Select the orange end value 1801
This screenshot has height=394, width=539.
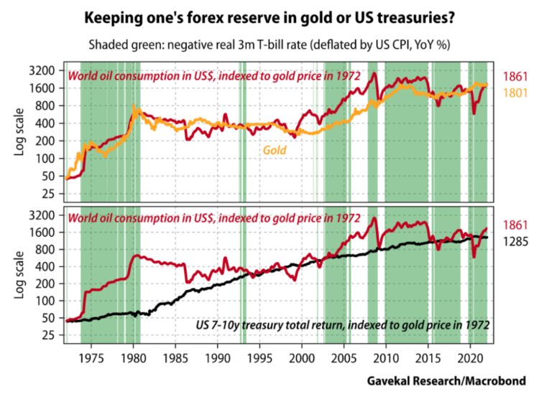513,92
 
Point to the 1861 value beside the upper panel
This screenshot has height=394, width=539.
513,76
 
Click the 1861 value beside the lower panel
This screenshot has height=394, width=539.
513,225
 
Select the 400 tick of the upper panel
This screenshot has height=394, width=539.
47,123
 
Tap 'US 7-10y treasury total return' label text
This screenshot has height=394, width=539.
270,325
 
